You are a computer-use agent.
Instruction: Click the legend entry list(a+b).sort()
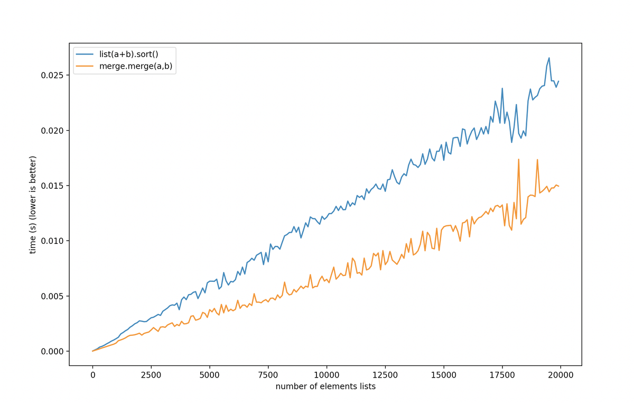point(128,54)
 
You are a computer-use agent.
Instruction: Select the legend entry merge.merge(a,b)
point(136,66)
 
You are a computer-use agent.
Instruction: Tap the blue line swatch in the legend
point(85,54)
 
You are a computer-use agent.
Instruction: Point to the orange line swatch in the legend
point(85,66)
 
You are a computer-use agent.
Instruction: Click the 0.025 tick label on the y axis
point(52,75)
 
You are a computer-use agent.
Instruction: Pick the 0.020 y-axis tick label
point(52,131)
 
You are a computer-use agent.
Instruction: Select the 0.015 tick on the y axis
point(52,186)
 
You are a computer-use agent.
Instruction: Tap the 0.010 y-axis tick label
point(52,241)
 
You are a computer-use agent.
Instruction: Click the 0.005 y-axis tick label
point(52,296)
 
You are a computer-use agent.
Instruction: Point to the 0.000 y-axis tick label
point(52,351)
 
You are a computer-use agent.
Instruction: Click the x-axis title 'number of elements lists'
point(325,387)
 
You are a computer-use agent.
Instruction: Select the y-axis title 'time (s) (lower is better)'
point(33,204)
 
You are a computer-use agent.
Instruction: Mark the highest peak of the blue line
point(549,58)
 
